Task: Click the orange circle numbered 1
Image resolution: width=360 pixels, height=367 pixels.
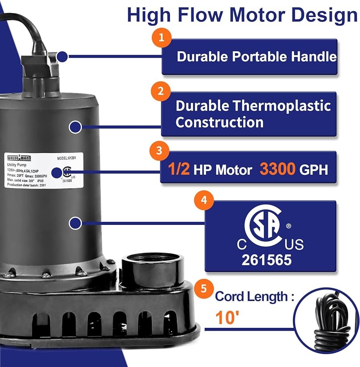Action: [x=161, y=38]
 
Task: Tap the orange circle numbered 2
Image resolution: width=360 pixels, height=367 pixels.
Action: [x=161, y=91]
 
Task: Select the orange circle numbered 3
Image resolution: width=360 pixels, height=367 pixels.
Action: [x=159, y=151]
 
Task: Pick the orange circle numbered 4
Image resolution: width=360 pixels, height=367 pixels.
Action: [x=204, y=200]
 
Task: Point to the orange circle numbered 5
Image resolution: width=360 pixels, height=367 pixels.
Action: [x=204, y=288]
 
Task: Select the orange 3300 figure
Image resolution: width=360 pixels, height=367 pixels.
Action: [x=278, y=170]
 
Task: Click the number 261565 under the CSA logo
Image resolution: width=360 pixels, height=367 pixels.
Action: [x=266, y=260]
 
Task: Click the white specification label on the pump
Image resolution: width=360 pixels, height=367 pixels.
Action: [x=43, y=170]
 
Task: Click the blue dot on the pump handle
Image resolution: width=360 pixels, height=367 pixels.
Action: [x=62, y=56]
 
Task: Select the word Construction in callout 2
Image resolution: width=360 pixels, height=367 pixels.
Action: [x=219, y=122]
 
